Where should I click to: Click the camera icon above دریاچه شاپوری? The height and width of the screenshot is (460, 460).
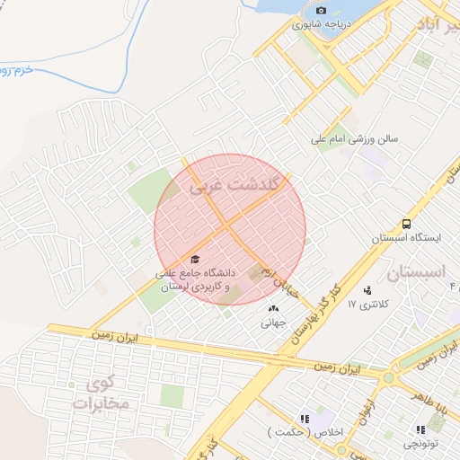coord(322,11)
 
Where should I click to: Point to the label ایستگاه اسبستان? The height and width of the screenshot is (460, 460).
coord(407,239)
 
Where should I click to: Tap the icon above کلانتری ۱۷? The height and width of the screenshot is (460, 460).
coord(367,290)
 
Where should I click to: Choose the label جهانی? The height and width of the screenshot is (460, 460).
coord(272,320)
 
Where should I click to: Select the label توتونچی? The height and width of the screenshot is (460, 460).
coord(420,444)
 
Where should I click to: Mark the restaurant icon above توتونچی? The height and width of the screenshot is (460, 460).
coord(420,429)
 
